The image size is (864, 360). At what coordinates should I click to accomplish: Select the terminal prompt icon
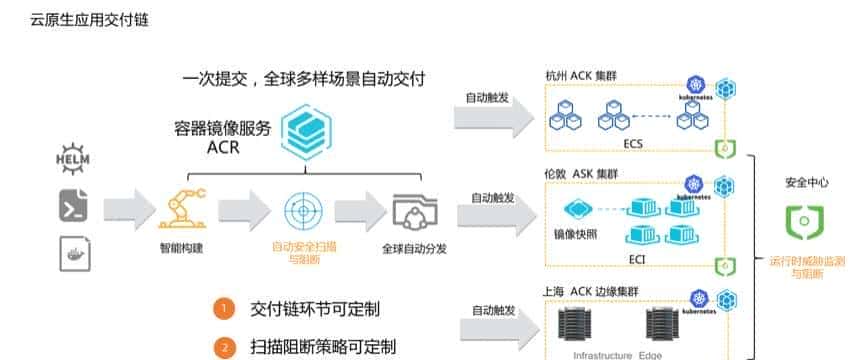tap(74, 207)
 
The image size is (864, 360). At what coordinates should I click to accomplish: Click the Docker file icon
tap(74, 251)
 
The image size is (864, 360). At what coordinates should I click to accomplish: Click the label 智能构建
tap(180, 247)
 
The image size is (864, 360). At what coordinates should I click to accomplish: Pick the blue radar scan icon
tap(303, 211)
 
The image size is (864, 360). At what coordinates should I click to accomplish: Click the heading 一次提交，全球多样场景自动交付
tap(304, 78)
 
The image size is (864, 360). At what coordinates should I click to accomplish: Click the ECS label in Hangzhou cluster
tap(632, 144)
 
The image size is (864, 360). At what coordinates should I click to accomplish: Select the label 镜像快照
tap(576, 234)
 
